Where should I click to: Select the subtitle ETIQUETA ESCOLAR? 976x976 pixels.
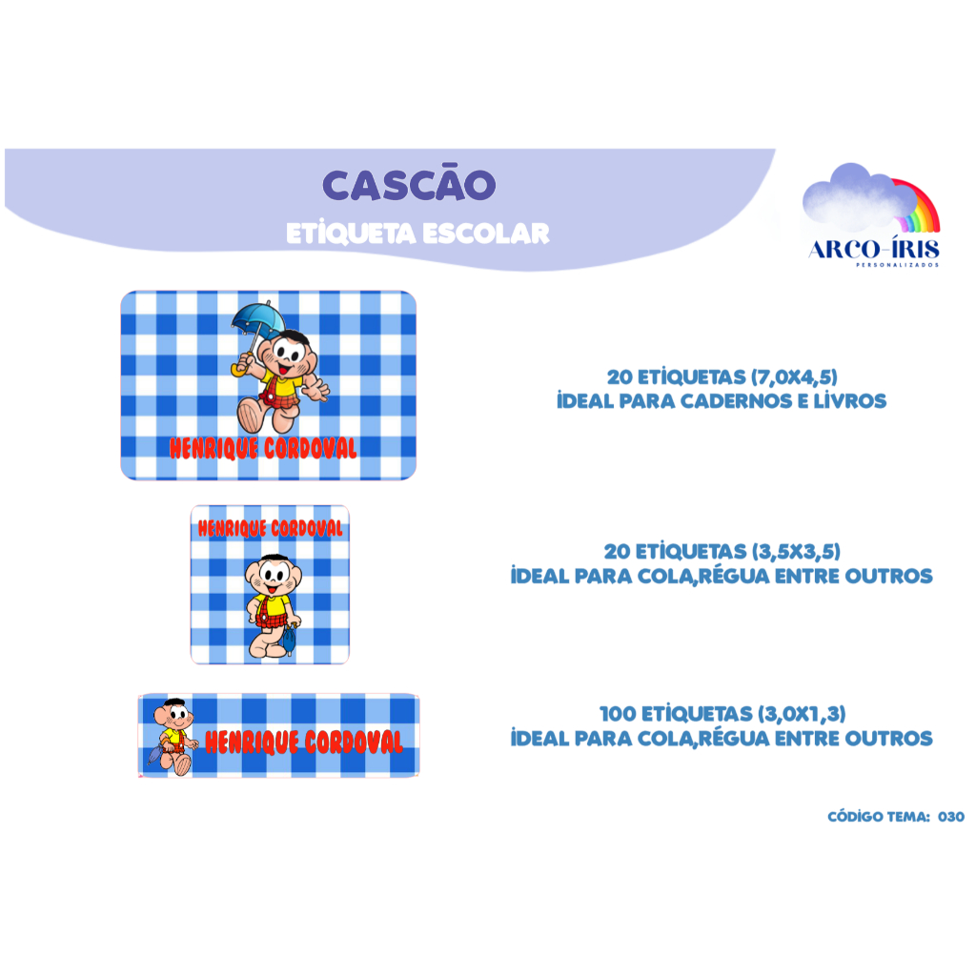click(x=417, y=234)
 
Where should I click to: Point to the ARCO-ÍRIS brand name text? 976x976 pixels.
click(x=874, y=250)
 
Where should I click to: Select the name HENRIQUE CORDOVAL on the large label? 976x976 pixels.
click(x=263, y=448)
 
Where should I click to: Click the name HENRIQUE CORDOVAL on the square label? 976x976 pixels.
click(x=270, y=528)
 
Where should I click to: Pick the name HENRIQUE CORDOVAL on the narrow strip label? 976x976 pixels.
click(x=304, y=742)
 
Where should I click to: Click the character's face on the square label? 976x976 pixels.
click(x=274, y=576)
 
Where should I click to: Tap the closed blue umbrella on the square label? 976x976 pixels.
click(x=290, y=639)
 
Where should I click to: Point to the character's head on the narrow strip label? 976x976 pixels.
click(x=173, y=715)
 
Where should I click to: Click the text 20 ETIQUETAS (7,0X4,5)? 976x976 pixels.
click(x=722, y=376)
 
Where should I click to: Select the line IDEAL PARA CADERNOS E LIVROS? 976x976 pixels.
click(x=722, y=401)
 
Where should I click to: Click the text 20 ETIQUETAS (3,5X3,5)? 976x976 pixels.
click(x=722, y=551)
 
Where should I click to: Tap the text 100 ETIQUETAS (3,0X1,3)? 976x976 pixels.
click(x=722, y=713)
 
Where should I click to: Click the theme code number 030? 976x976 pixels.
click(x=951, y=817)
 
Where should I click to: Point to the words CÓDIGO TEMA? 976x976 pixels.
click(x=879, y=817)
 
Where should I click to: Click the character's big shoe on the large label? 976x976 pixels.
click(x=252, y=415)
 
